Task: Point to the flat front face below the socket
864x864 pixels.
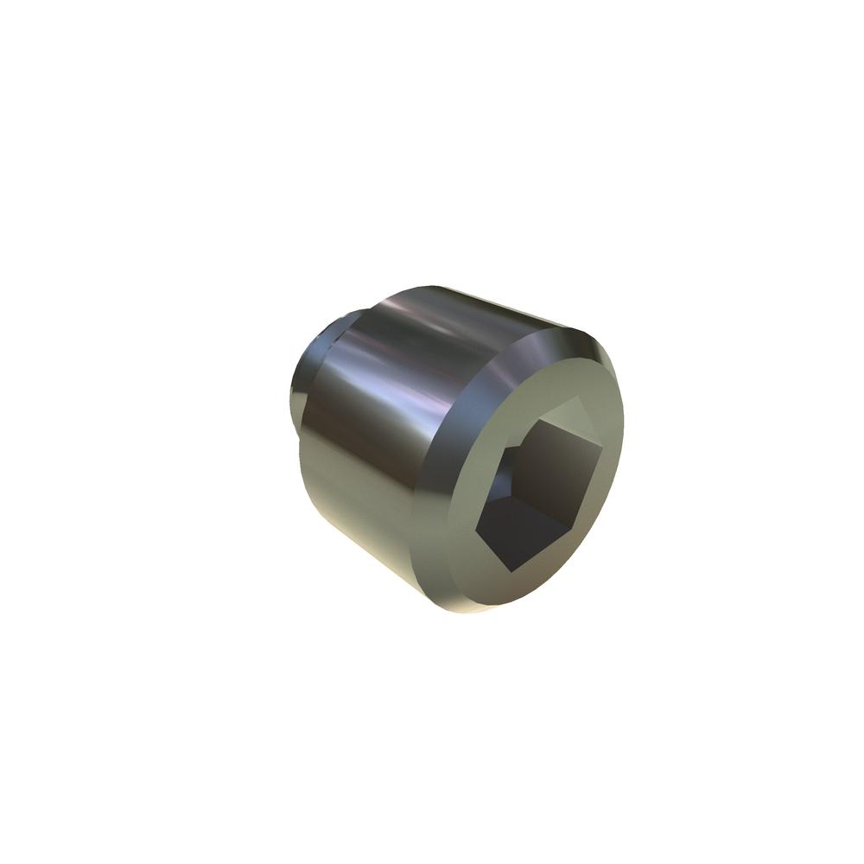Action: tap(536, 588)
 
